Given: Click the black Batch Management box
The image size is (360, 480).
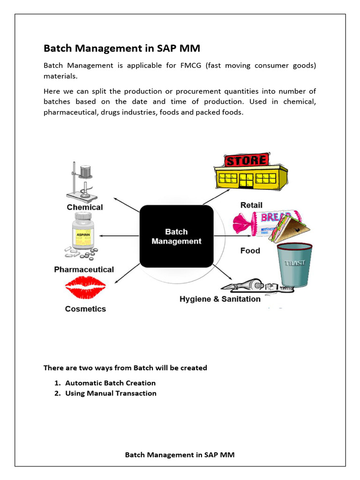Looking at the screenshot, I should [x=176, y=236].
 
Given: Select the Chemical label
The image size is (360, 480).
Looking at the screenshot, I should [x=85, y=207].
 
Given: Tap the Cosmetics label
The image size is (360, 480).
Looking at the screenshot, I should [x=85, y=309].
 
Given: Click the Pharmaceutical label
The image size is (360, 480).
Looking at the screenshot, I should [x=84, y=270].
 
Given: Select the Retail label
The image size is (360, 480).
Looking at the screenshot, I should [x=251, y=205].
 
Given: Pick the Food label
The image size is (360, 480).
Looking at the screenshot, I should [x=250, y=251].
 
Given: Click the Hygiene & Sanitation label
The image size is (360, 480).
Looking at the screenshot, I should [x=220, y=299].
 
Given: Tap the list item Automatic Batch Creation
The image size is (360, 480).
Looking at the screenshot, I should [x=110, y=383].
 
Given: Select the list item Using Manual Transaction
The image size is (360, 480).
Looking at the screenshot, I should [x=111, y=393].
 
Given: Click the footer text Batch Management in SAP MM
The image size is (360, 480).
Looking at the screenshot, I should [x=180, y=455].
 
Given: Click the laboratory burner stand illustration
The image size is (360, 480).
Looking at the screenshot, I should [x=82, y=180].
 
